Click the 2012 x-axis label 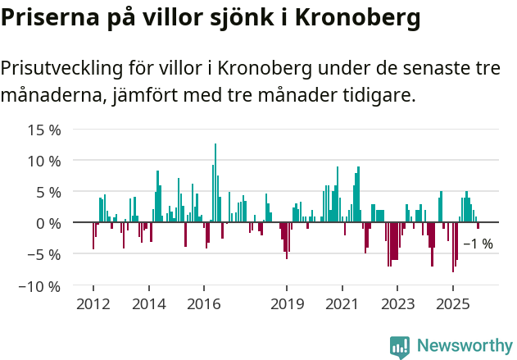[x=93, y=304]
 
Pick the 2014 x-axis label [x=148, y=304]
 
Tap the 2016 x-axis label [x=203, y=304]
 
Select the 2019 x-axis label [x=287, y=304]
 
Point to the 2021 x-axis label [x=342, y=304]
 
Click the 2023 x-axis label [x=397, y=304]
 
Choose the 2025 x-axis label [x=452, y=304]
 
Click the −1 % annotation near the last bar [x=478, y=244]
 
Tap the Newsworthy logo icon [x=400, y=346]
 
